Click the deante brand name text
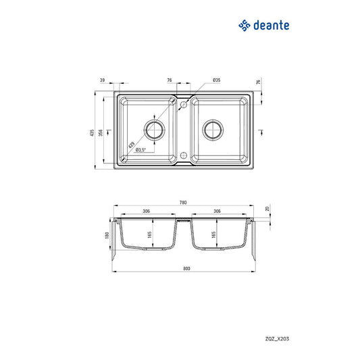[271, 25]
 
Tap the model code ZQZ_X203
[277, 338]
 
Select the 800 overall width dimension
[186, 268]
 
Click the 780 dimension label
[183, 203]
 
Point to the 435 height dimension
[92, 132]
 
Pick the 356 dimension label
[101, 132]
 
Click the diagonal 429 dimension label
[131, 145]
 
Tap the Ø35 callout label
[217, 80]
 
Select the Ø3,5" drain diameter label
[140, 150]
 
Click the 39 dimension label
[103, 80]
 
